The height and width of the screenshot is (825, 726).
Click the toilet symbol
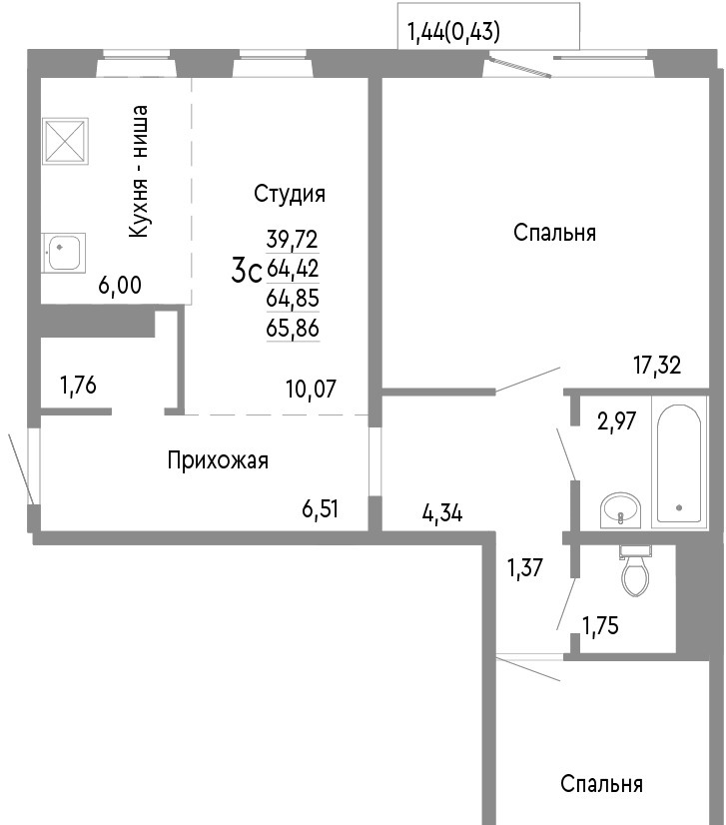pyautogui.click(x=635, y=571)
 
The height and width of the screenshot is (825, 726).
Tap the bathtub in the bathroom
pyautogui.click(x=679, y=462)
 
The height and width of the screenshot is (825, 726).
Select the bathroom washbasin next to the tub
pyautogui.click(x=621, y=509)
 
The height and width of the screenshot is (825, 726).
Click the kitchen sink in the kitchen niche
pyautogui.click(x=64, y=252)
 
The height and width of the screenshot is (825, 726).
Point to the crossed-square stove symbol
pyautogui.click(x=65, y=141)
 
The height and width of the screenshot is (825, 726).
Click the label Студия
pyautogui.click(x=290, y=194)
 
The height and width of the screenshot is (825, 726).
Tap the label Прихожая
pyautogui.click(x=218, y=460)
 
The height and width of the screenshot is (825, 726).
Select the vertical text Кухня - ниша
pyautogui.click(x=139, y=171)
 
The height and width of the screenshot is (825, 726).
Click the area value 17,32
pyautogui.click(x=657, y=365)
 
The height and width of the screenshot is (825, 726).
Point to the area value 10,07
pyautogui.click(x=311, y=389)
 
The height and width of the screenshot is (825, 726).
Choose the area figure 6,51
pyautogui.click(x=320, y=508)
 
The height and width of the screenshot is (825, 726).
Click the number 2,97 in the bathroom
pyautogui.click(x=616, y=420)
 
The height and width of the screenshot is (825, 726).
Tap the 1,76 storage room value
pyautogui.click(x=78, y=386)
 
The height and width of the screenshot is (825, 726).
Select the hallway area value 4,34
pyautogui.click(x=442, y=512)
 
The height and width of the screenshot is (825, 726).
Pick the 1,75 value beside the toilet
pyautogui.click(x=600, y=625)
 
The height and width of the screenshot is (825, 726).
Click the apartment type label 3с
pyautogui.click(x=247, y=272)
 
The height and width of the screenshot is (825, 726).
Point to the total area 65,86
pyautogui.click(x=293, y=329)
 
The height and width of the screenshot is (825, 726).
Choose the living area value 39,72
pyautogui.click(x=293, y=240)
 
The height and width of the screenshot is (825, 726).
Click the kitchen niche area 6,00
pyautogui.click(x=120, y=286)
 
